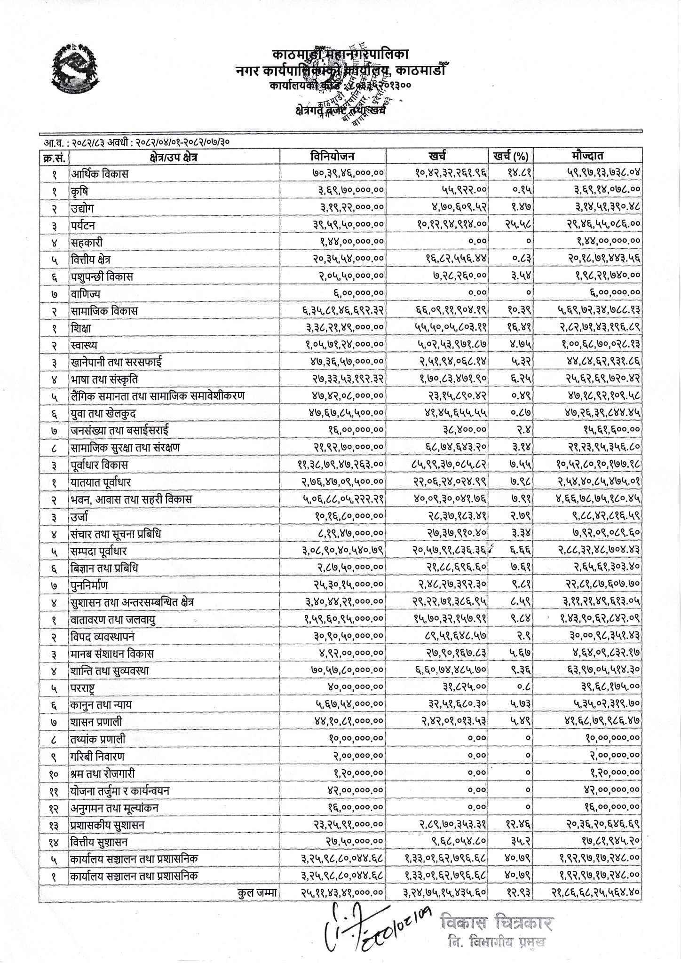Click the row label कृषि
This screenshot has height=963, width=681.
(80, 191)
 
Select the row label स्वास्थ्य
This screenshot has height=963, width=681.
(85, 345)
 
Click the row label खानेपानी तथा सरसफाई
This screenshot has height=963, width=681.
(117, 362)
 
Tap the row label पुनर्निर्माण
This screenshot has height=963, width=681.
(89, 585)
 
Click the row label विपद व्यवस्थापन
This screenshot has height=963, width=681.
(103, 637)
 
